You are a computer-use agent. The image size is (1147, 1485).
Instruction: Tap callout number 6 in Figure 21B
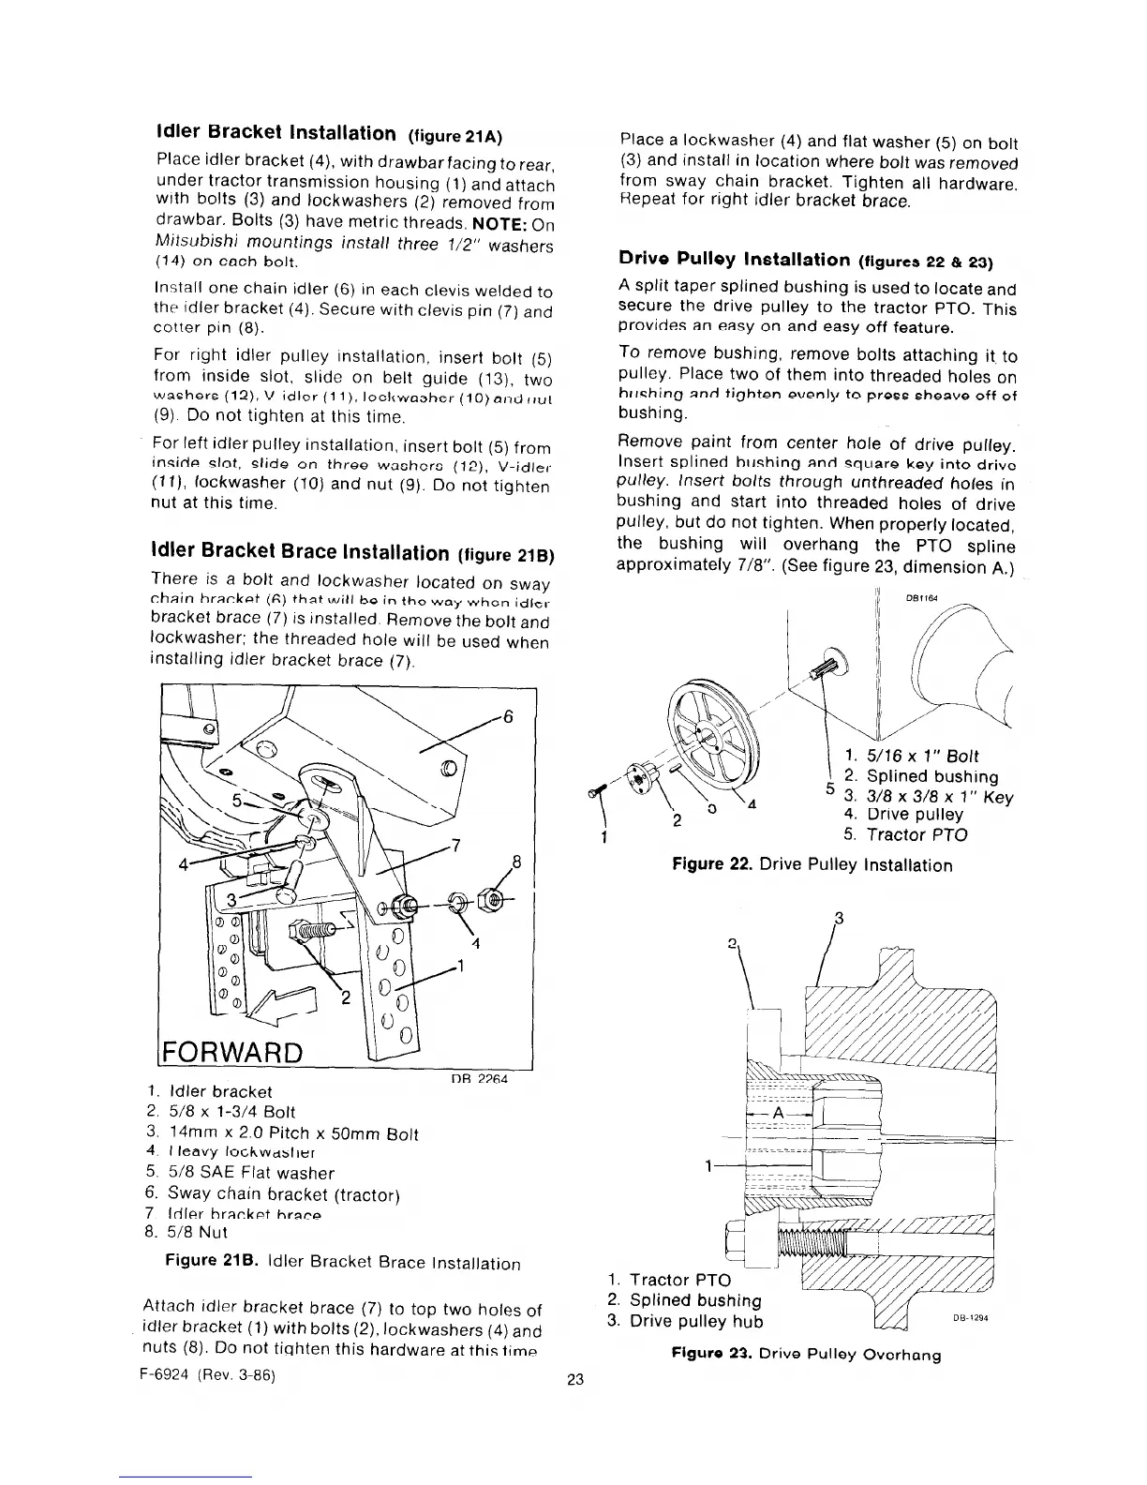tap(509, 716)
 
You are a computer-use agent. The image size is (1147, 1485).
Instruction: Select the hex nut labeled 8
tap(489, 903)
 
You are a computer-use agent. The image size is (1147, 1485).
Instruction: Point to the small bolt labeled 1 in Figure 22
tap(593, 794)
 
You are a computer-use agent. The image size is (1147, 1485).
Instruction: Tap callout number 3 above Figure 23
tap(839, 918)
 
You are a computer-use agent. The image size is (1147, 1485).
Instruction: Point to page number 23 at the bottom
tap(575, 1379)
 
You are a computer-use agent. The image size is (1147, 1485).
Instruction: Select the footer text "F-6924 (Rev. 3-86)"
tap(209, 1376)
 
